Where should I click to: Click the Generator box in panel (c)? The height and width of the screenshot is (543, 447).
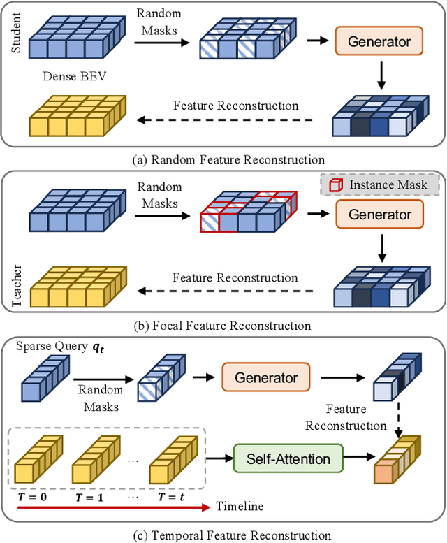click(266, 377)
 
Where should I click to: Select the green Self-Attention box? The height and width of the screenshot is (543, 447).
click(289, 458)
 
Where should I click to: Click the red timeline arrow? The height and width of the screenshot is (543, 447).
click(112, 505)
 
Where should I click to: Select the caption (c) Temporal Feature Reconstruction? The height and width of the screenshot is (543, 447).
click(223, 535)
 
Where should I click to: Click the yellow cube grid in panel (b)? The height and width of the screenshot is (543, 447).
click(77, 287)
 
